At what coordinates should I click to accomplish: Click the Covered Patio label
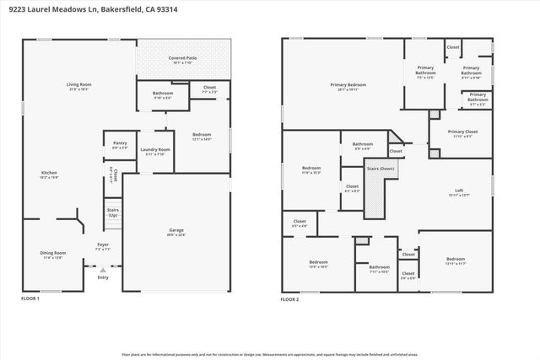[x=182, y=57]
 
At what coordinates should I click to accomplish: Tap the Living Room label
[x=78, y=85]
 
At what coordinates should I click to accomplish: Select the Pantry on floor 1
[x=120, y=144]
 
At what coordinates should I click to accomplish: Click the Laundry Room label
[x=158, y=150]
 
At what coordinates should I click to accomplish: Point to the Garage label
[x=176, y=230]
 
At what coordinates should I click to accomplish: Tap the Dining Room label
[x=53, y=253]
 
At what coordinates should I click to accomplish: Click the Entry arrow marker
[x=103, y=270]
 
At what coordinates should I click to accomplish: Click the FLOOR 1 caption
[x=30, y=298]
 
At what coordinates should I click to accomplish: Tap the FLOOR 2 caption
[x=290, y=298]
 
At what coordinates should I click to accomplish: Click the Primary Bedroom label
[x=348, y=84]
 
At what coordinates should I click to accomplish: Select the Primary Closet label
[x=462, y=132]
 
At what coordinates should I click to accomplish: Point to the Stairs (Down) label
[x=381, y=169]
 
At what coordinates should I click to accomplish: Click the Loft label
[x=459, y=191]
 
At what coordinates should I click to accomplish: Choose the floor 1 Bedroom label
[x=201, y=135]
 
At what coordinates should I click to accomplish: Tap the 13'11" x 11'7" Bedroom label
[x=456, y=260]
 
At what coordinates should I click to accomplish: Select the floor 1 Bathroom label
[x=163, y=94]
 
